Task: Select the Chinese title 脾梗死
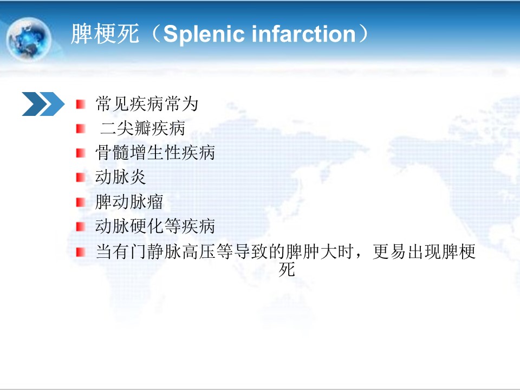[105, 34]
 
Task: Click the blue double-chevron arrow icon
[43, 104]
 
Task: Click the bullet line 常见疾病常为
[147, 104]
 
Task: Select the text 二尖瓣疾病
[142, 128]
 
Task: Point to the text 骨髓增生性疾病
[155, 153]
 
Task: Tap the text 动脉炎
[120, 177]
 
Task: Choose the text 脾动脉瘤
[129, 201]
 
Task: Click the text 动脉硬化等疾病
[155, 226]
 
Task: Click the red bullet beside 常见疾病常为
[81, 104]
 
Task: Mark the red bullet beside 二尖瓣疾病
[81, 129]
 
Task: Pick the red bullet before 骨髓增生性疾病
[81, 153]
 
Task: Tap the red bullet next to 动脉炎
[81, 178]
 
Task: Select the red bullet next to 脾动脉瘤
[81, 202]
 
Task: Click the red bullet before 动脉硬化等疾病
[81, 226]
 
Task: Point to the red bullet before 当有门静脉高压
[81, 252]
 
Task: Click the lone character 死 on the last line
[287, 269]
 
